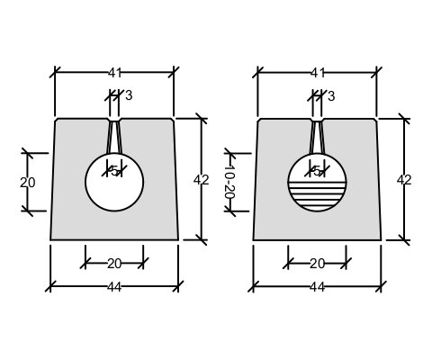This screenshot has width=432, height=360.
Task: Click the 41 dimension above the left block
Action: pos(114,73)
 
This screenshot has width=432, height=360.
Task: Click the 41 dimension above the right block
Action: pos(318,73)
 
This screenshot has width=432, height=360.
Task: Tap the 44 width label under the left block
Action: pos(114,287)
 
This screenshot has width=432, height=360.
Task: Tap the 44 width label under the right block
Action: pos(318,287)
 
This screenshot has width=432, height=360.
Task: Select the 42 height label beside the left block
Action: pos(201,180)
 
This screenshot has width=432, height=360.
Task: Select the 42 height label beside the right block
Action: pos(404,180)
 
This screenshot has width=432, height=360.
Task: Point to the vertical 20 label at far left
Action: pos(28,183)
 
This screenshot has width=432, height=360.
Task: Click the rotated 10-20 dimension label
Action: pos(229,182)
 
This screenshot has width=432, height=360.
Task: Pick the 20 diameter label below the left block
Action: pos(114,264)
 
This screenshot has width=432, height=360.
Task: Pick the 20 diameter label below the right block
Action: pos(318,264)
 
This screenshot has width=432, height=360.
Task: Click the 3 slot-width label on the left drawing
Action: pos(129,95)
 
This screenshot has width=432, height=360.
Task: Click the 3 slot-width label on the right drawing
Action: pos(331,96)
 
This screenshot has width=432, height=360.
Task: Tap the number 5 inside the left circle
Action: pos(114,171)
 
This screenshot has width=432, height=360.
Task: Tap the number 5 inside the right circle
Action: pos(317,171)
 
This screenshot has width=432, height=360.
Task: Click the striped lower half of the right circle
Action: pos(317,196)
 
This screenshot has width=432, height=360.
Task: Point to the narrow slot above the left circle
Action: pos(114,137)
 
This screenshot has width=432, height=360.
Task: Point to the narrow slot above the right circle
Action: pos(317,137)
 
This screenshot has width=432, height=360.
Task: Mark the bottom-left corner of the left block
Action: pos(50,240)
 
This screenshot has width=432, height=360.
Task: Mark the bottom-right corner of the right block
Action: pos(382,240)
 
